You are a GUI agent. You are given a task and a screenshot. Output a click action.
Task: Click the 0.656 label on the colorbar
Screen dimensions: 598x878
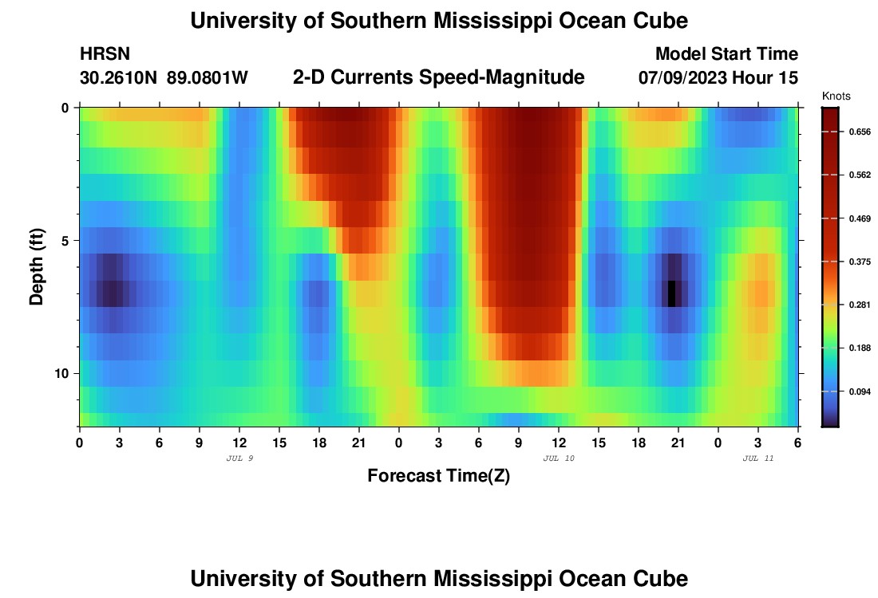pos(857,131)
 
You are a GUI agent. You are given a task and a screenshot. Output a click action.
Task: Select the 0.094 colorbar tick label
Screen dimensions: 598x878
pos(857,391)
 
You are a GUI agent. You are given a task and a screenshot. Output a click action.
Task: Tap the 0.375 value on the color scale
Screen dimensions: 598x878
pos(857,262)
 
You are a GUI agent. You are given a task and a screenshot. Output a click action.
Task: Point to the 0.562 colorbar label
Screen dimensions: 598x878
pos(857,175)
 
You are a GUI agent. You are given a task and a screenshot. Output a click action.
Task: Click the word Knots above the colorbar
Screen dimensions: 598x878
pos(836,96)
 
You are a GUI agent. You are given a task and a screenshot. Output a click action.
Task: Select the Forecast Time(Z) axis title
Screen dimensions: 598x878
pos(438,476)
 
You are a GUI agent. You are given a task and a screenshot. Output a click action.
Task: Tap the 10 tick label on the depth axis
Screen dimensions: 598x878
pos(64,373)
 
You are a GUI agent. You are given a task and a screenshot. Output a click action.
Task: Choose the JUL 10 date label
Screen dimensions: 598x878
pos(558,458)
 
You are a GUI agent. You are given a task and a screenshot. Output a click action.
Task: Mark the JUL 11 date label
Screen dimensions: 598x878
pos(757,458)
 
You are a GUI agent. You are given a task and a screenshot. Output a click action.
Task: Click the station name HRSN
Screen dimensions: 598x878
pos(105,54)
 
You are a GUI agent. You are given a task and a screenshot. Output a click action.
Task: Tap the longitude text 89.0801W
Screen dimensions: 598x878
pos(208,78)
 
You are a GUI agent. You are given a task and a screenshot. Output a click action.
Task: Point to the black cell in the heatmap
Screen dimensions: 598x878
pos(672,293)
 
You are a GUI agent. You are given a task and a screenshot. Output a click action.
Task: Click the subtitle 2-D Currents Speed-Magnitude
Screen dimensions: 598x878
pos(438,77)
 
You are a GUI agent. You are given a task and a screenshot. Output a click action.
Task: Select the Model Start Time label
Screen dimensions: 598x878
pos(726,54)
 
